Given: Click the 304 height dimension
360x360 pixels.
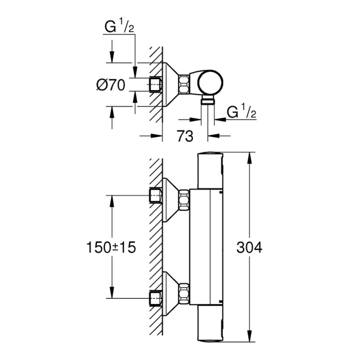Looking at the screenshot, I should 248,247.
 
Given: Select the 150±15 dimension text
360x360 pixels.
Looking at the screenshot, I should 110,247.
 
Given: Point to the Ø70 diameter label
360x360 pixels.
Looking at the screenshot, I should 110,84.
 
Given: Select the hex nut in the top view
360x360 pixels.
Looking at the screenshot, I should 184,84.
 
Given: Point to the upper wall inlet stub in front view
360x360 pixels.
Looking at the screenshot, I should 155,195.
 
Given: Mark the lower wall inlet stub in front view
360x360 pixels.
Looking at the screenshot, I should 155,298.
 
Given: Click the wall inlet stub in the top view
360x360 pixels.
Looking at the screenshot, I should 155,84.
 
